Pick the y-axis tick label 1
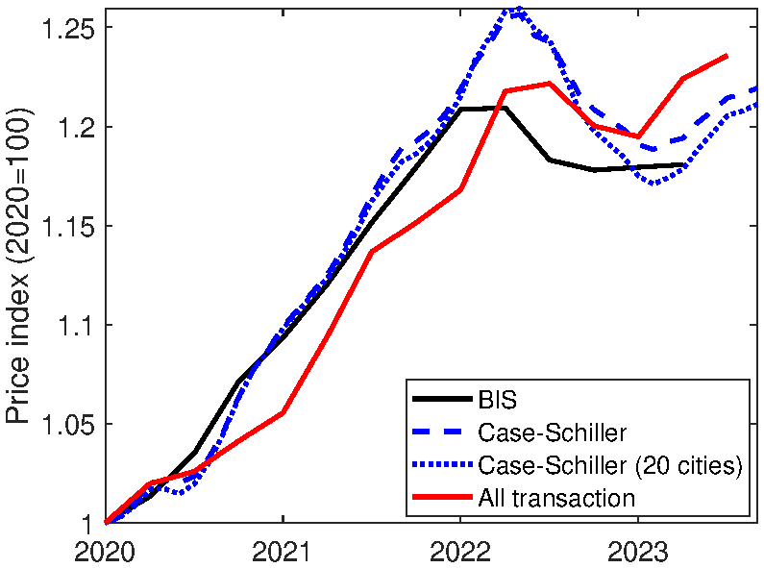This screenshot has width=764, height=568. [87, 523]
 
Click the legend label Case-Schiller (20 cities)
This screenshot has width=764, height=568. [609, 465]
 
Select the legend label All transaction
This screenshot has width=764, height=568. [555, 498]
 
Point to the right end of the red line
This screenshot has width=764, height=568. [727, 56]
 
